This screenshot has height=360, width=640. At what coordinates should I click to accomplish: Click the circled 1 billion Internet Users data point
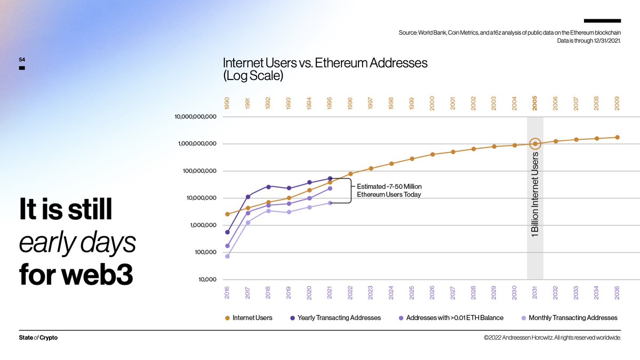coord(535,143)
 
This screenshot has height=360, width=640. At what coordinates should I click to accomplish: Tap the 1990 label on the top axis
coord(227,103)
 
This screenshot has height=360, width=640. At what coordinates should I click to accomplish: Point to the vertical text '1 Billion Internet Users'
coord(535,195)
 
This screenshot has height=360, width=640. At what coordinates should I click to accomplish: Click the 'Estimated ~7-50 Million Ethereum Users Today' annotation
coord(389,191)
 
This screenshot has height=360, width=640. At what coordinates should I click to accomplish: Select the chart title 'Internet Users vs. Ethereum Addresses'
coord(325,63)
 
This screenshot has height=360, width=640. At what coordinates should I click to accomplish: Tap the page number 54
coord(22,60)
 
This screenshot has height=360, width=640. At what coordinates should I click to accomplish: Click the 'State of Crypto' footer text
coord(38,338)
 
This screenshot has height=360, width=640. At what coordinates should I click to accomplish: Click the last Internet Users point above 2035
coord(617,137)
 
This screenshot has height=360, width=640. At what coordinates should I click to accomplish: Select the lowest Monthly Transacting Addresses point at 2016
coord(227,257)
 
